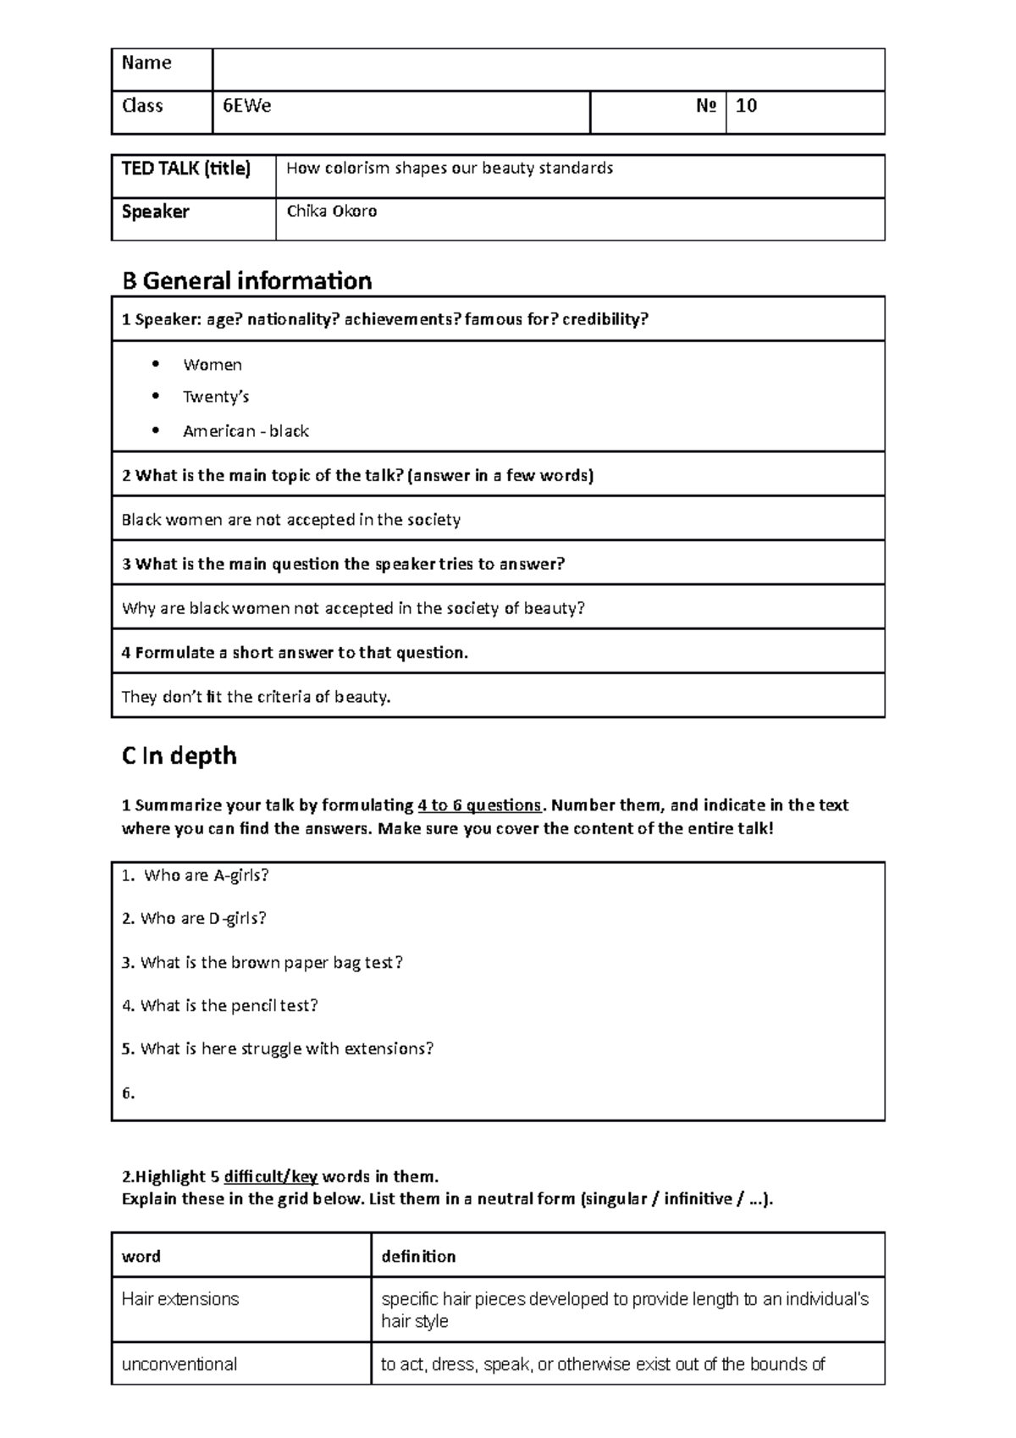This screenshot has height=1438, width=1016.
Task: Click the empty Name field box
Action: (548, 69)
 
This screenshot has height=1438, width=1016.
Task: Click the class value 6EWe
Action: (246, 107)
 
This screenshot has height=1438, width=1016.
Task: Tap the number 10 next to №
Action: (746, 106)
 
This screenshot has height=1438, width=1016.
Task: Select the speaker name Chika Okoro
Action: (331, 212)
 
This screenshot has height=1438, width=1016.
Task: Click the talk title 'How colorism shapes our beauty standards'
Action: (449, 169)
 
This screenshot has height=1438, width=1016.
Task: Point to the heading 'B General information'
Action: (246, 280)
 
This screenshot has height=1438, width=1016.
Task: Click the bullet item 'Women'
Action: (212, 365)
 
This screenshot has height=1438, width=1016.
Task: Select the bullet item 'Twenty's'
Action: (215, 397)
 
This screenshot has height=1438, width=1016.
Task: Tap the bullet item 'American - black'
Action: (246, 431)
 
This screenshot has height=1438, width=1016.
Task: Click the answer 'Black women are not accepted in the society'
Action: (290, 520)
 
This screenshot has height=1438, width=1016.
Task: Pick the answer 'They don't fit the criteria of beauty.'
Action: (256, 697)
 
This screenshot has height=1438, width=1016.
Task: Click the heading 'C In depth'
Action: (179, 755)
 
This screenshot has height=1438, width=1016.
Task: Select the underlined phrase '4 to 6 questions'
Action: (479, 805)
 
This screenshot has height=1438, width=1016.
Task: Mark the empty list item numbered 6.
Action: (129, 1093)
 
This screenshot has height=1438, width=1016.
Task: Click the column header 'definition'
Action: (418, 1257)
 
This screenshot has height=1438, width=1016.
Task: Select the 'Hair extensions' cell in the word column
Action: (180, 1299)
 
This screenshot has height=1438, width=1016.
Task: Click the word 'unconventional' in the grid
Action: (179, 1364)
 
